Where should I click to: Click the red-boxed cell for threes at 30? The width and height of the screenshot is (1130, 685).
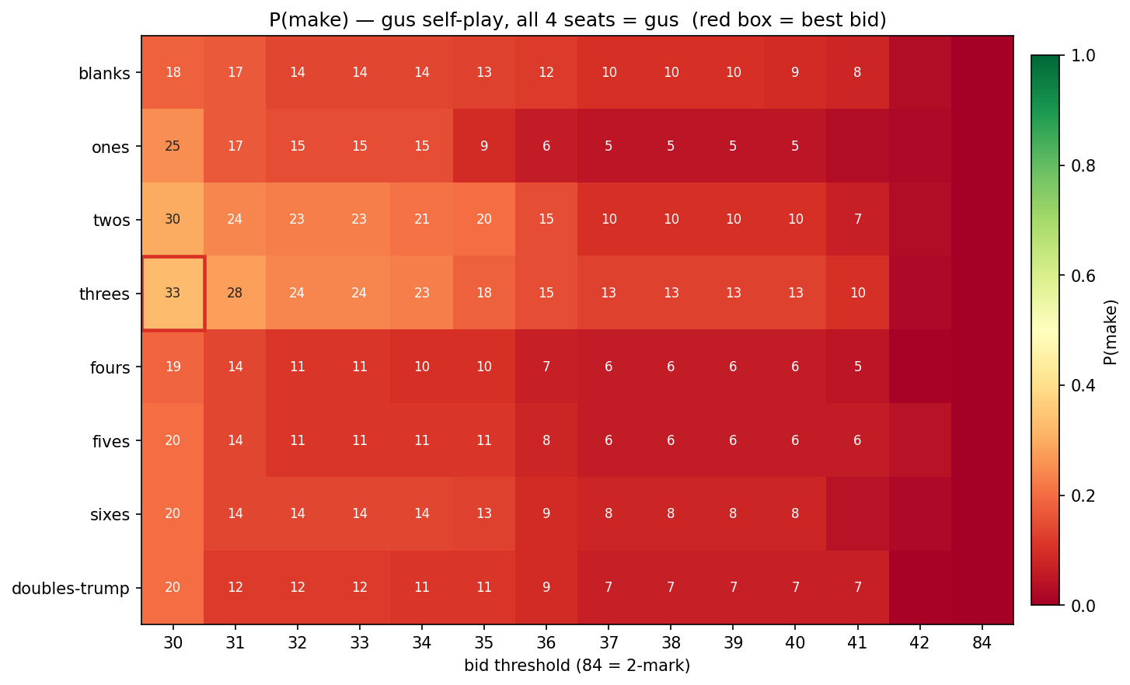(173, 294)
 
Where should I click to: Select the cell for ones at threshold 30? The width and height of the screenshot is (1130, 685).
(173, 146)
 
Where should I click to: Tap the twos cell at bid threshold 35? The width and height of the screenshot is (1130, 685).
(484, 219)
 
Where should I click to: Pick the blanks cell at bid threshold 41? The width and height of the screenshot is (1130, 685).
(857, 72)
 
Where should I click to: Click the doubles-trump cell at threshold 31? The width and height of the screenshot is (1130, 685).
(235, 587)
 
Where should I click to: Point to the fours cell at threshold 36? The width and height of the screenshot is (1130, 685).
(546, 367)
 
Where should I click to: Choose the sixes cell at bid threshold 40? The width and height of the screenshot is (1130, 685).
(795, 513)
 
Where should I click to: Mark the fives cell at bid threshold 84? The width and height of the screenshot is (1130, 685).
(982, 440)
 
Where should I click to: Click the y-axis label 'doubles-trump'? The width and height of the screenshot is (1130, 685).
(71, 588)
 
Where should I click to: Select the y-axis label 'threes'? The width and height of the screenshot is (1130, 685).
(104, 294)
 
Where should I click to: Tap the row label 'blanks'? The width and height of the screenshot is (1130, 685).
(104, 74)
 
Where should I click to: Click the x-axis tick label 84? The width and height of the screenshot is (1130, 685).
(982, 643)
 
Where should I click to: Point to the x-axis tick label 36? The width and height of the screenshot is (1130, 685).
(546, 643)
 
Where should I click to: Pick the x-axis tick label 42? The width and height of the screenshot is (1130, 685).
(920, 643)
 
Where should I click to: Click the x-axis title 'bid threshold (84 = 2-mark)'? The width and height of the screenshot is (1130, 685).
(577, 666)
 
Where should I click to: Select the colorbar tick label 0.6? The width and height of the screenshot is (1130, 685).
(1083, 276)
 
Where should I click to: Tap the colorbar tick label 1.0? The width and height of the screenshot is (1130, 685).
(1083, 56)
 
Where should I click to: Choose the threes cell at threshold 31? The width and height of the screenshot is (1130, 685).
(235, 294)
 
